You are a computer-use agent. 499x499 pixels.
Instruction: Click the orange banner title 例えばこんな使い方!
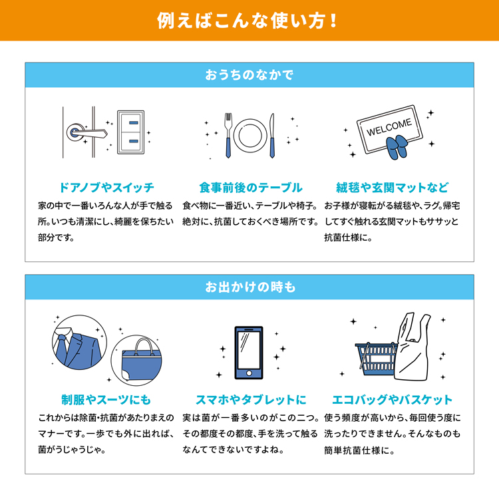pos(247,21)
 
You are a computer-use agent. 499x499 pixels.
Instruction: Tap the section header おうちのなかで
pos(249,75)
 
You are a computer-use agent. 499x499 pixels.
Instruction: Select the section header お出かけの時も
pos(250,287)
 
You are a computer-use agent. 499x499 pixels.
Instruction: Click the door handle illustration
pos(86,132)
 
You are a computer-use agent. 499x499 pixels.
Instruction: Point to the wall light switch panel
pos(131,132)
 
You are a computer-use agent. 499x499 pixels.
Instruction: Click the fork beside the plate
pos(228,136)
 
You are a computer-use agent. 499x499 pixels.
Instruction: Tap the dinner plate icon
pos(250,135)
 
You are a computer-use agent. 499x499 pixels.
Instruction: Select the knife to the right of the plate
pos(271,136)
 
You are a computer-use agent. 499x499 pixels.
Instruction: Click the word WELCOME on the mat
pos(389,127)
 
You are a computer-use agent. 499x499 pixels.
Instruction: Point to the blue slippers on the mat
pos(396,147)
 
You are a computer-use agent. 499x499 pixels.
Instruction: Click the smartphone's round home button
pos(249,373)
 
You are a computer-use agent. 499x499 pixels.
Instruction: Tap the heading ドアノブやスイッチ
pos(106,188)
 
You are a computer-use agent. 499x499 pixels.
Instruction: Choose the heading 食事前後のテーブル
pos(251,188)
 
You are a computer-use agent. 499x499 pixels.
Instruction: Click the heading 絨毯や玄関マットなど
pos(393,188)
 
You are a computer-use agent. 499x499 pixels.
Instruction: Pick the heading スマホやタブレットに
pos(251,400)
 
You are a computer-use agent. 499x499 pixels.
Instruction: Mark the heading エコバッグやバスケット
pos(393,400)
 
